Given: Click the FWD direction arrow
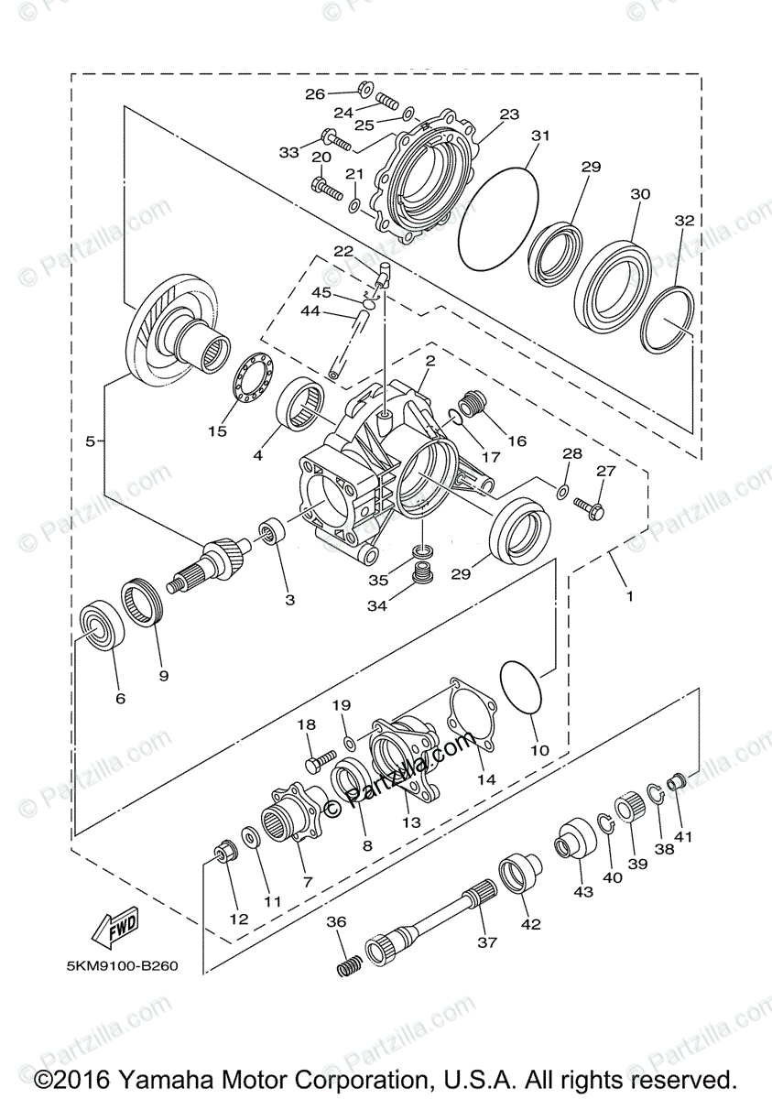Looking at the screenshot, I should (114, 928).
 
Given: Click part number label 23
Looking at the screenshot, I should (509, 115).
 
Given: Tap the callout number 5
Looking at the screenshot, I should (91, 441).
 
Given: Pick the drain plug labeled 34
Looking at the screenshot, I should (423, 574).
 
